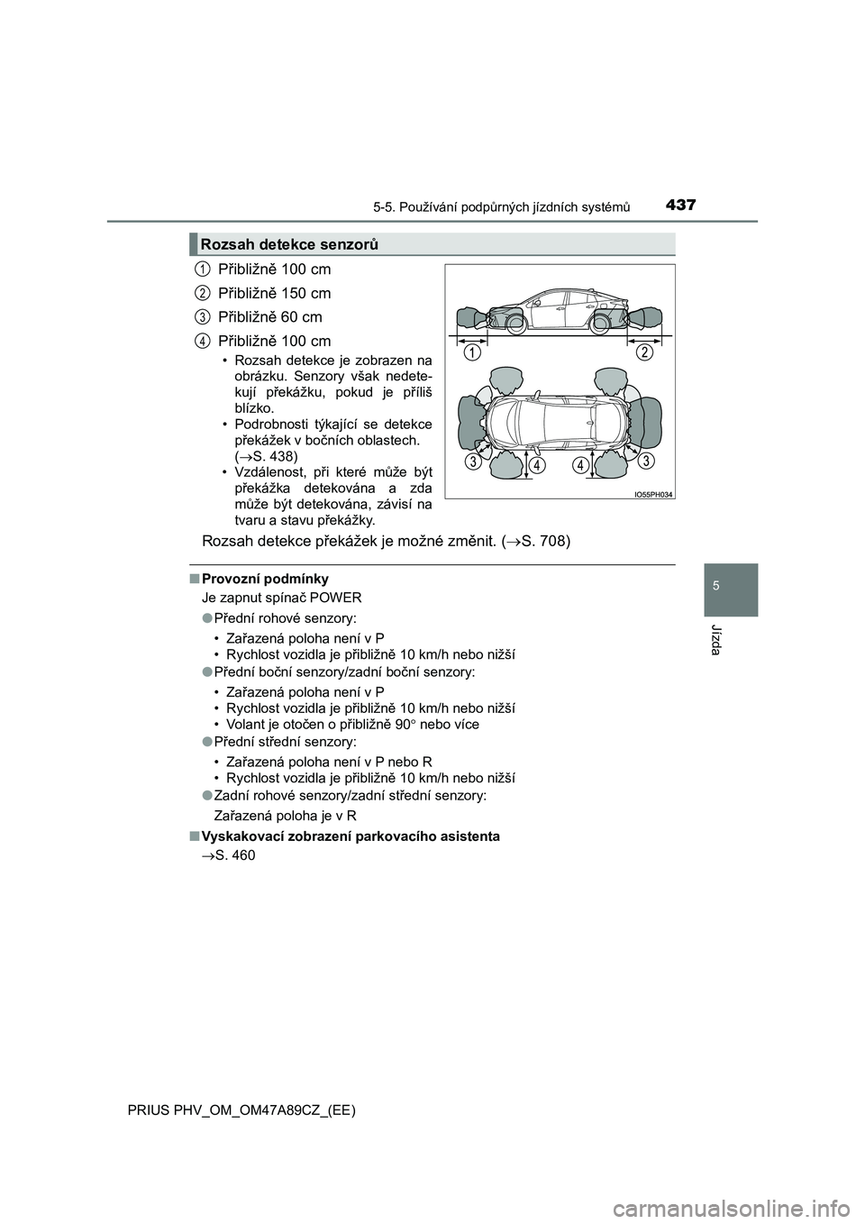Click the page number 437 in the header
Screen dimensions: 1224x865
(x=682, y=205)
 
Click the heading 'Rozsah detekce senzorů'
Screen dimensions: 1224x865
(x=289, y=244)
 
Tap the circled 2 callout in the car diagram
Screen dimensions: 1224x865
(x=642, y=353)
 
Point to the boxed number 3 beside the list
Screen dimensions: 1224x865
(x=204, y=316)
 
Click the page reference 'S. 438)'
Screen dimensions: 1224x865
(x=267, y=456)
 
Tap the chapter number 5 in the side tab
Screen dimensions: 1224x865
(x=725, y=583)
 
